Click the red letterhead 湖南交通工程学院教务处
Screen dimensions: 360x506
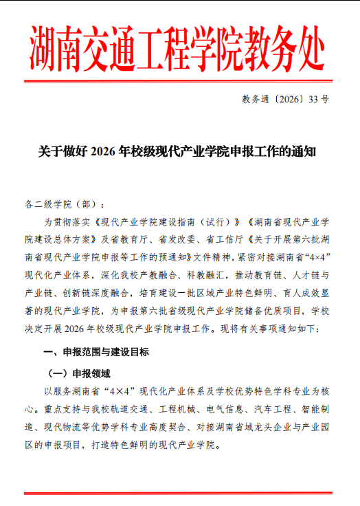(x=179, y=49)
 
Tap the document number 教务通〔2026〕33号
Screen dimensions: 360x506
(x=286, y=99)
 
